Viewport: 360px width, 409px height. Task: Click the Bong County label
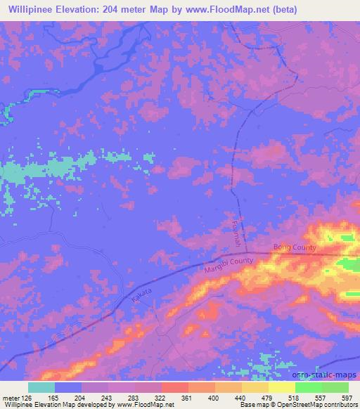coord(295,248)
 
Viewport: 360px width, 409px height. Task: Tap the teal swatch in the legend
coord(41,387)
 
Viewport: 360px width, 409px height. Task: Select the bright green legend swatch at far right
coord(335,387)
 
